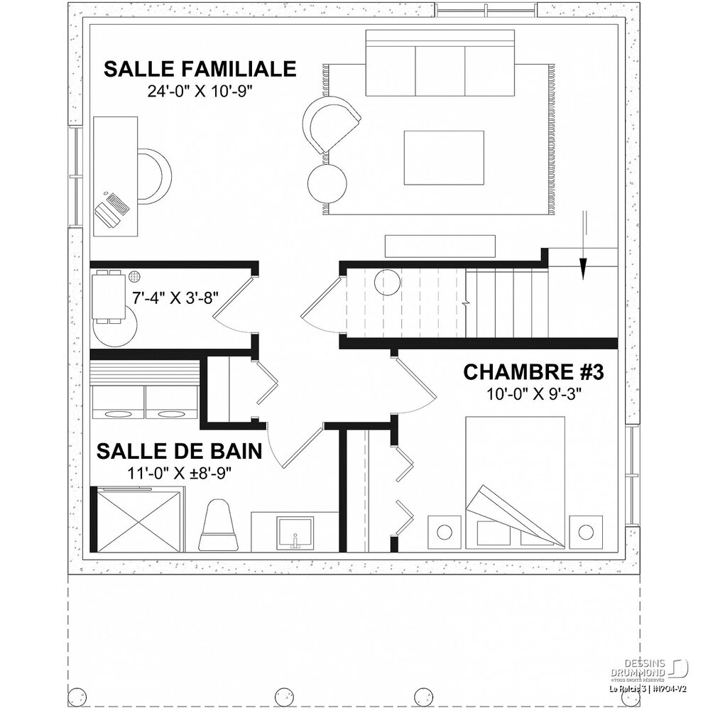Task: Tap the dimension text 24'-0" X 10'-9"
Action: [x=200, y=90]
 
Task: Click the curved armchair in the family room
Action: [x=331, y=123]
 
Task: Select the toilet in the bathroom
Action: [x=219, y=524]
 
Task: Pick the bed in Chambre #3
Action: [x=515, y=483]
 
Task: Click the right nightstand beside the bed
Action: [x=586, y=531]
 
